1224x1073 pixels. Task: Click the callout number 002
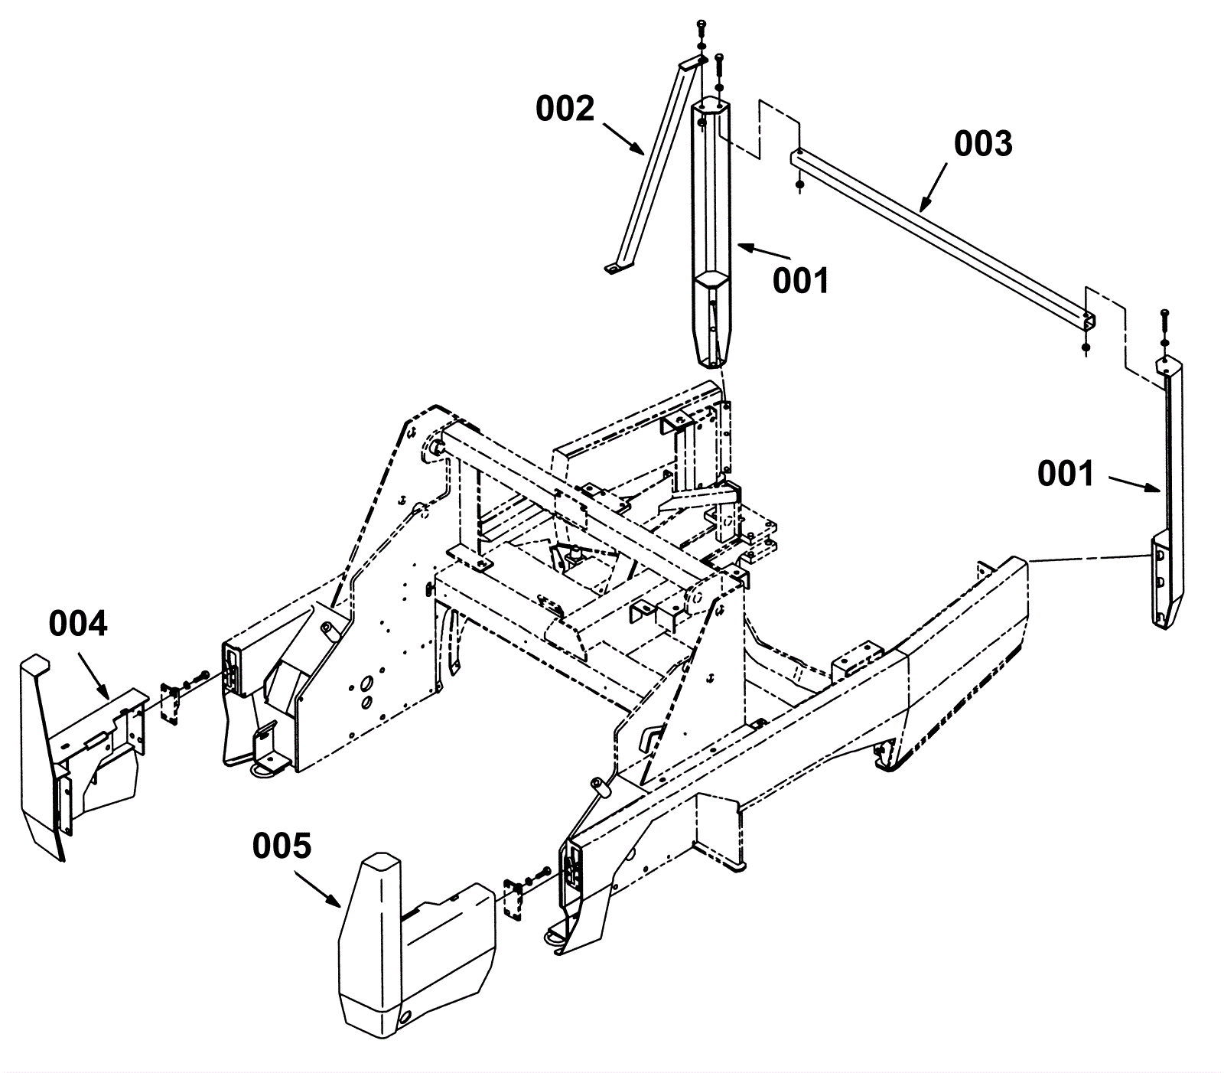click(565, 109)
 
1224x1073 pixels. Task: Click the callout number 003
click(983, 144)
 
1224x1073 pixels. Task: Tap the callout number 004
click(78, 624)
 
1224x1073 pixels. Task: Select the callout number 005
click(282, 846)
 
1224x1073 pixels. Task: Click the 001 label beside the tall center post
click(800, 281)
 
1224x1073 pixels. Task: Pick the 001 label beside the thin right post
click(1066, 475)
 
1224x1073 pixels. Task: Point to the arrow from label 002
click(623, 137)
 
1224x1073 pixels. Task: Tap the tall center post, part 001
click(711, 230)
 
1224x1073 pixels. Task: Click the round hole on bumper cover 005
click(404, 1016)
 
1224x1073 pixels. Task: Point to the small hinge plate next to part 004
click(171, 702)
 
